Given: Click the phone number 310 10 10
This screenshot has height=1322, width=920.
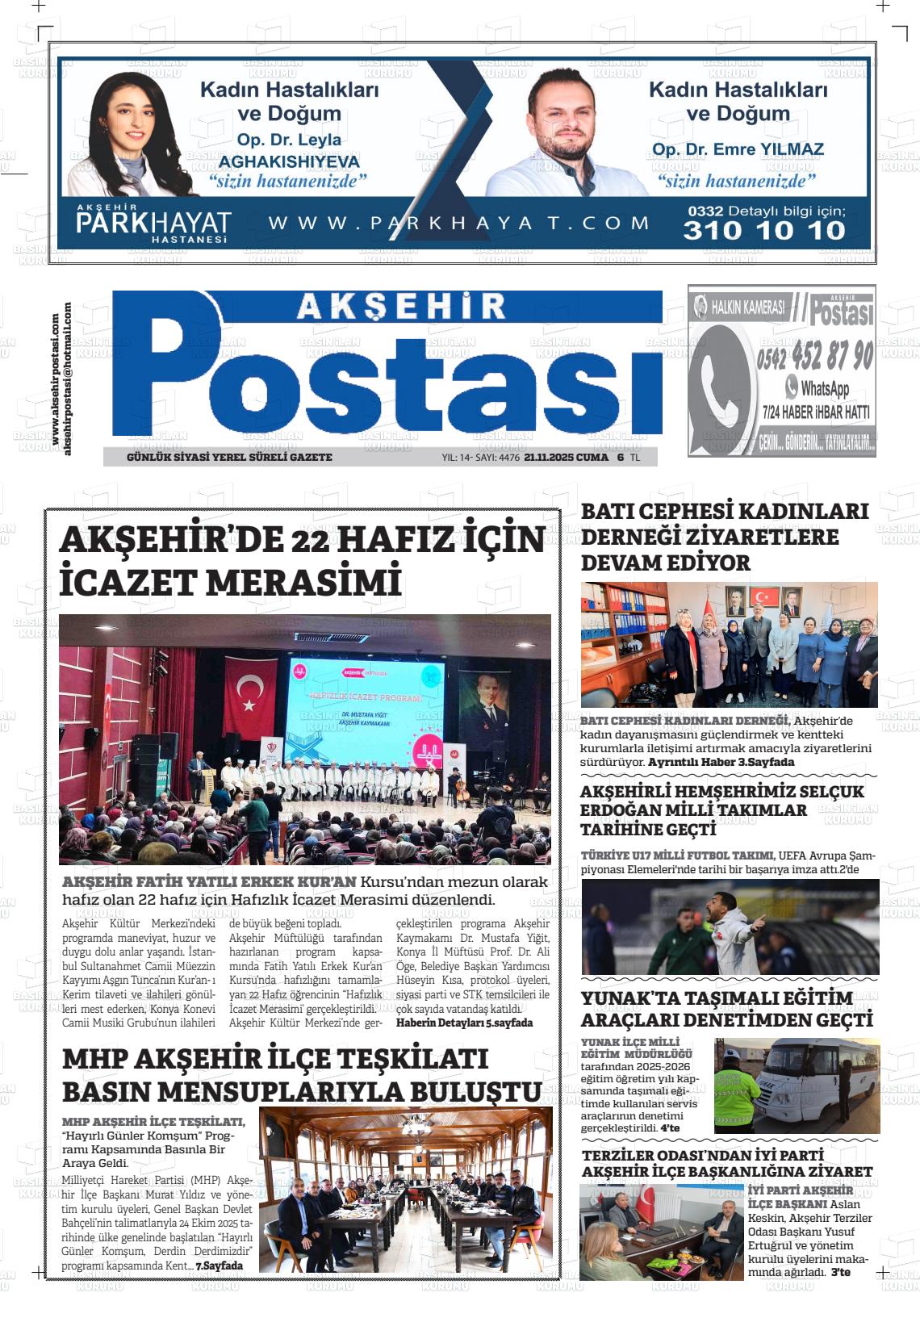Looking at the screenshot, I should [x=763, y=231].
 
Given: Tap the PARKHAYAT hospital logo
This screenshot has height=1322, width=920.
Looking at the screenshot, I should [x=153, y=224].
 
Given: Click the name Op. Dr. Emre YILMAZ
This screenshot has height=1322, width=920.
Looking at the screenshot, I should [x=738, y=149].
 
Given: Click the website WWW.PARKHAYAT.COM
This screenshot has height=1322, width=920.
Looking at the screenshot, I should [x=458, y=224].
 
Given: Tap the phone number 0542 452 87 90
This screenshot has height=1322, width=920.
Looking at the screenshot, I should [x=815, y=355].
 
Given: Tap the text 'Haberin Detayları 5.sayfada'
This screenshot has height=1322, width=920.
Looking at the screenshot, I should [x=464, y=1023].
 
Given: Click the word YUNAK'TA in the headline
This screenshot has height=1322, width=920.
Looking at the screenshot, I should [x=626, y=998].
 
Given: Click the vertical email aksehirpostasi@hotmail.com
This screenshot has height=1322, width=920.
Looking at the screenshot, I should [x=68, y=379].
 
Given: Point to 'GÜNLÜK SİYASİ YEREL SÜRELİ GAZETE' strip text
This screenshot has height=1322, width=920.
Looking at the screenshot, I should [x=229, y=457].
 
